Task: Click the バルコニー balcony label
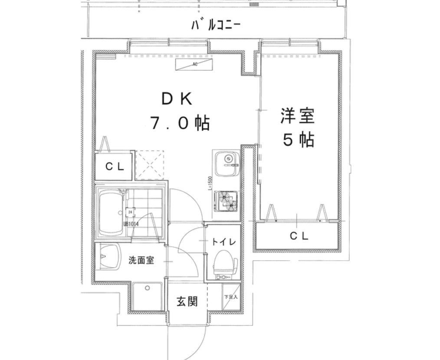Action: tap(216, 25)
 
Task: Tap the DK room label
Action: tap(176, 99)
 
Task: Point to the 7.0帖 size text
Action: tap(180, 124)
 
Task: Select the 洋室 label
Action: tap(297, 117)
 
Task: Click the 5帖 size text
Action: tap(298, 140)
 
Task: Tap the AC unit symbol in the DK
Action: tap(195, 65)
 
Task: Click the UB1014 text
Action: tap(131, 224)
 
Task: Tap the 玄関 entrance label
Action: tap(187, 301)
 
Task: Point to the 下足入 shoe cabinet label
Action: tap(230, 297)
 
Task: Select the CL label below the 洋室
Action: tap(299, 236)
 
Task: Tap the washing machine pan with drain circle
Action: tap(148, 296)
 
